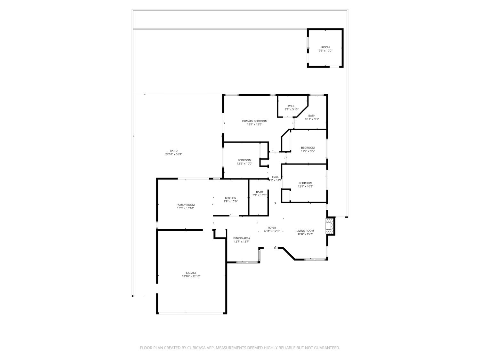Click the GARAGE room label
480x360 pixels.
(x=191, y=273)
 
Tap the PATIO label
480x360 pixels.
(x=174, y=151)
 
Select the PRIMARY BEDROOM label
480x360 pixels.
(x=254, y=121)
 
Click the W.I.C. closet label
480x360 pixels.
(x=292, y=106)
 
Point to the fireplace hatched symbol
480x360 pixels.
(x=329, y=226)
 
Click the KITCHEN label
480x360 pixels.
(x=230, y=198)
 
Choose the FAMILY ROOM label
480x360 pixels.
(x=186, y=205)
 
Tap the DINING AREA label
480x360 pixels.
(x=242, y=238)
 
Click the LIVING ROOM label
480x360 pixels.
(x=305, y=231)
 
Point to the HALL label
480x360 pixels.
(x=275, y=177)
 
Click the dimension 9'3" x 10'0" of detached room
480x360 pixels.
(x=325, y=51)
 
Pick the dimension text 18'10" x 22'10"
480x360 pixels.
(x=191, y=276)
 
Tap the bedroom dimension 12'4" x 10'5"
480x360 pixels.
(x=305, y=187)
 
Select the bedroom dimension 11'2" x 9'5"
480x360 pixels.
(x=308, y=151)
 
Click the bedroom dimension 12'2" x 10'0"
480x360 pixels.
(x=244, y=164)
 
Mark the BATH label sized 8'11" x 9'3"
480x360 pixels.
(x=312, y=116)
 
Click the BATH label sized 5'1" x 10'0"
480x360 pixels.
(x=260, y=192)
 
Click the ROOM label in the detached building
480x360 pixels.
(x=325, y=47)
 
